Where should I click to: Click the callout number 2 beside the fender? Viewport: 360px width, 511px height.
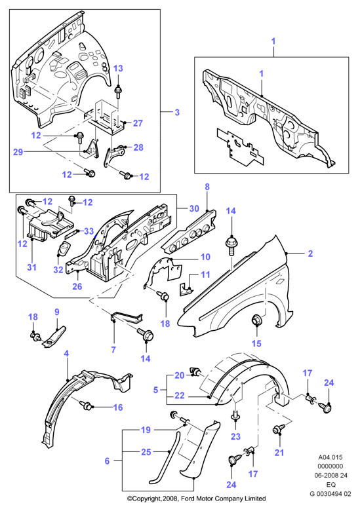coord(310,254)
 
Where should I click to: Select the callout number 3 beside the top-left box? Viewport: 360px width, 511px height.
coord(177,113)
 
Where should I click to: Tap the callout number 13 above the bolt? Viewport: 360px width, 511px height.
coord(118,68)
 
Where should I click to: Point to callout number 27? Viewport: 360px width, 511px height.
coord(138,123)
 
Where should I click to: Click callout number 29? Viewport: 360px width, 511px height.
coord(18,152)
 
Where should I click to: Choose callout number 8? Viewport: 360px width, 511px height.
coord(207,187)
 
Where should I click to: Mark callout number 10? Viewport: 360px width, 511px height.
coord(205,257)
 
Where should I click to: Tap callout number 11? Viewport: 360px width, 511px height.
coord(205,274)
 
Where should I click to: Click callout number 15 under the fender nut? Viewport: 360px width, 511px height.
coord(256,343)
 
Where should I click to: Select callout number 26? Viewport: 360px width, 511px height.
coord(77,286)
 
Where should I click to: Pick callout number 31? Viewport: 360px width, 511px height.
coord(31,267)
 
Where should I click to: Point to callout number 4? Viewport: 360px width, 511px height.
coord(66,354)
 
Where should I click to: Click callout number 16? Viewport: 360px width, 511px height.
coord(118,407)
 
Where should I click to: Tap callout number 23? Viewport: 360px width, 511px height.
coord(235,436)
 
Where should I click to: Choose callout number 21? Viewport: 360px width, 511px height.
coord(279,452)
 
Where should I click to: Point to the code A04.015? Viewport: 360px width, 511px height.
coord(330,457)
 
